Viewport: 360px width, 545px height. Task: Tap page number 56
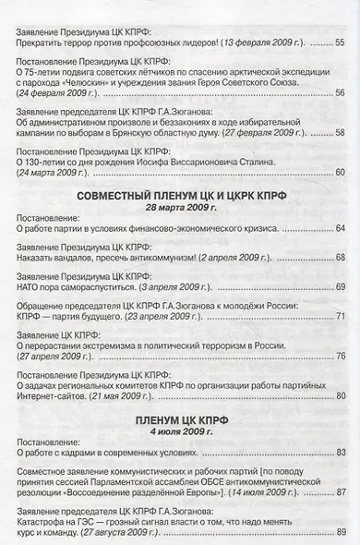338,93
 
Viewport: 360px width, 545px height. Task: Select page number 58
338,133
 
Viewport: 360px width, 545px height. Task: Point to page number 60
338,173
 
